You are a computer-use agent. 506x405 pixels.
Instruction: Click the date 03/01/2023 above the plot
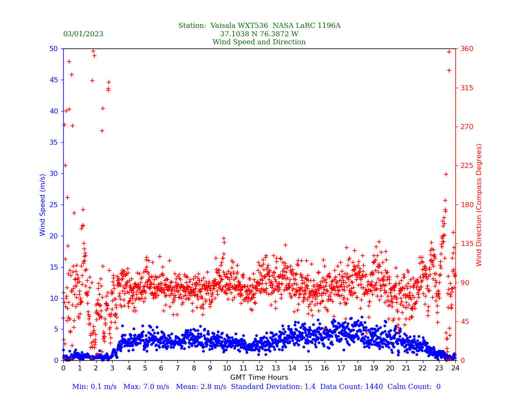pos(83,34)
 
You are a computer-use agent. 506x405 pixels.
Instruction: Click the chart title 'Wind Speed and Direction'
pos(259,42)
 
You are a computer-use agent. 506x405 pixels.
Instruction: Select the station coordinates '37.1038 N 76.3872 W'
pos(259,34)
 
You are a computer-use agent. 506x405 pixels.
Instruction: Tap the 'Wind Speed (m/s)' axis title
pos(43,205)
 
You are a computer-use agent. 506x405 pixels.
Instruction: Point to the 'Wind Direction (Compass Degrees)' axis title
pos(479,205)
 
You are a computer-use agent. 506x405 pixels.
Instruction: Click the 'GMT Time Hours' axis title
pos(259,378)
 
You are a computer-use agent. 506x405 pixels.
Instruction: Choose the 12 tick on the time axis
pos(259,368)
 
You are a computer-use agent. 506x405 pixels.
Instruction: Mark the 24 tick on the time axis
pos(455,368)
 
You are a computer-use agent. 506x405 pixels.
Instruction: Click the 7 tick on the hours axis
pos(178,368)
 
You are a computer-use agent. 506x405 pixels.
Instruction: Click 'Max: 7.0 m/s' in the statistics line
pos(146,387)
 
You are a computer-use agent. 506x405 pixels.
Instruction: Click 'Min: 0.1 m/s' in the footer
pos(94,387)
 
